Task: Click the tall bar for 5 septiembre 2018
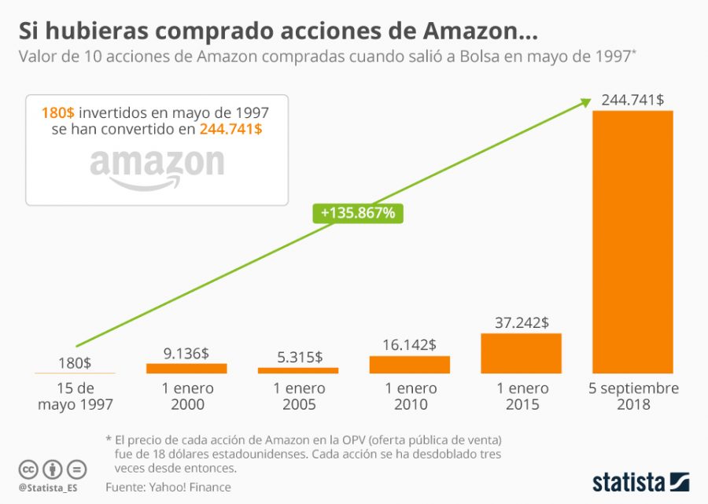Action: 632,241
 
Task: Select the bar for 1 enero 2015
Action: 521,353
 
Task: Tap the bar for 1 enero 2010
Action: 410,364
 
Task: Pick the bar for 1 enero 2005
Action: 298,370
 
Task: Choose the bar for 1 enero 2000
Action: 186,368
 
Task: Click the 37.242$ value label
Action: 522,322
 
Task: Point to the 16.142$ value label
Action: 410,344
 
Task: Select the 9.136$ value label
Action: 186,353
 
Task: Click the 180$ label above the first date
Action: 75,363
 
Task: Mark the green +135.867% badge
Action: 358,212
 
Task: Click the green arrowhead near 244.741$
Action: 586,101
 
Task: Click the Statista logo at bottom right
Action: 640,480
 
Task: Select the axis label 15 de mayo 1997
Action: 75,396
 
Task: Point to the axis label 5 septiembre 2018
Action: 632,396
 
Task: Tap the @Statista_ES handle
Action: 50,487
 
